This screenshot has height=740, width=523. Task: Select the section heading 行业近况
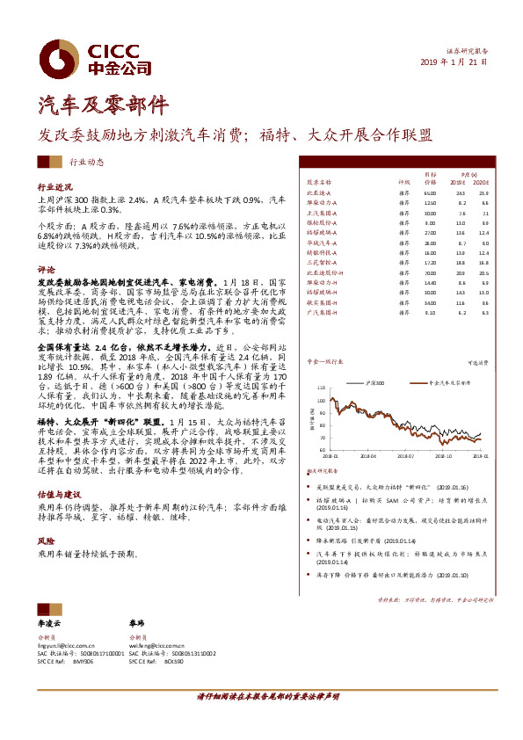click(x=53, y=187)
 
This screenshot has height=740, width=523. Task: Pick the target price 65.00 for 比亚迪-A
click(x=430, y=192)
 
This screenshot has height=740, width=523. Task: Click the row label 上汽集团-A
click(x=323, y=213)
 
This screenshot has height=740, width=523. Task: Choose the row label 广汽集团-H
click(x=323, y=311)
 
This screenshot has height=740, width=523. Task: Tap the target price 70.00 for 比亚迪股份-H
click(x=430, y=272)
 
